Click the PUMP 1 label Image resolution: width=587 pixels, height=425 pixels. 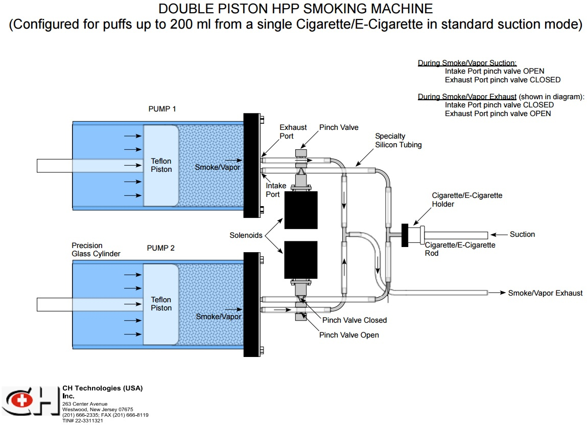(161, 108)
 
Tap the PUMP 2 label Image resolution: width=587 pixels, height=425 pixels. (161, 248)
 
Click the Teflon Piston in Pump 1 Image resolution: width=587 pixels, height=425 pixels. (161, 165)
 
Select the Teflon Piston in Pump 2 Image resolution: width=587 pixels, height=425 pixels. (161, 303)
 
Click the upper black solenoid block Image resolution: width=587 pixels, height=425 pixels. (301, 210)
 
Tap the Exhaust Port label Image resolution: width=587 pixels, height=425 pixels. (293, 132)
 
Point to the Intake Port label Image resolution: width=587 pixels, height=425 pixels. (276, 190)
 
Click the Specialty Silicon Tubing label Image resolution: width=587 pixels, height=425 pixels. (398, 140)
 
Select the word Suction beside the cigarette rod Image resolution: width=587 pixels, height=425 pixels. (522, 234)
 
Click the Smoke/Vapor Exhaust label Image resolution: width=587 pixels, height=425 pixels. (545, 293)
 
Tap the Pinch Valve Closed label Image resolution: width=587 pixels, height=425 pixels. (354, 320)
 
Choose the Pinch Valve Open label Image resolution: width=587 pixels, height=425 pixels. (349, 335)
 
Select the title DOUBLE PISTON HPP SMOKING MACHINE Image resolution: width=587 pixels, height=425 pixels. (295, 9)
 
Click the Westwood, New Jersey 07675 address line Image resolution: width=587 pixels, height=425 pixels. (98, 409)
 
